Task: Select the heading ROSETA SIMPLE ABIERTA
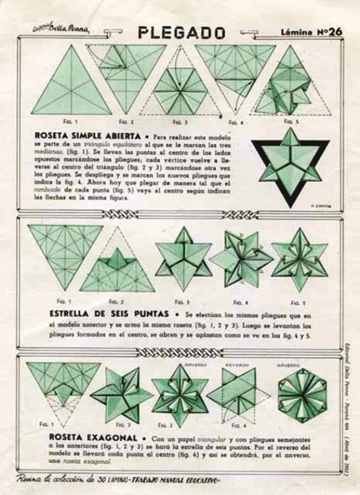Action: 84,136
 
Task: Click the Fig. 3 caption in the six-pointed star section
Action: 179,302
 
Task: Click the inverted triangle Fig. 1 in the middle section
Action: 65,252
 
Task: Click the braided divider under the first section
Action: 179,215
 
